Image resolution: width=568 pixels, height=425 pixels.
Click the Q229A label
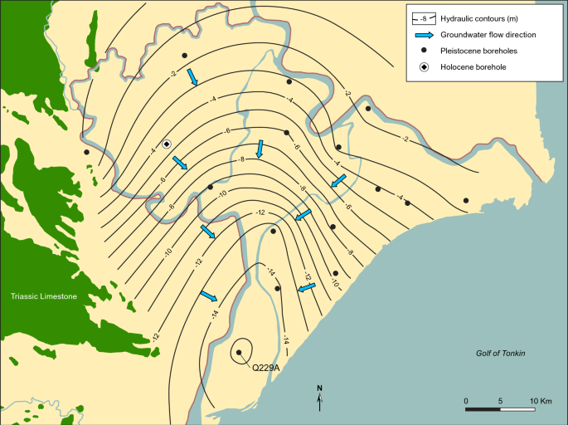[266, 366]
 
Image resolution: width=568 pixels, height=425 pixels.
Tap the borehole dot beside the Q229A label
[239, 353]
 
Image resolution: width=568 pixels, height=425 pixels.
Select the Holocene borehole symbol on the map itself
[167, 144]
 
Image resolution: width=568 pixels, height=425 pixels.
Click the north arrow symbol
[320, 398]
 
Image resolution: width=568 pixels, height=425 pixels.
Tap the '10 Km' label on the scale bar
[541, 402]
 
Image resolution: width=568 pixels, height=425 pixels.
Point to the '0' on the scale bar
[466, 402]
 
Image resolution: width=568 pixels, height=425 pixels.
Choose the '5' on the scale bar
[501, 402]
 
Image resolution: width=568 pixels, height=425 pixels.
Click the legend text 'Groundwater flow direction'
[488, 34]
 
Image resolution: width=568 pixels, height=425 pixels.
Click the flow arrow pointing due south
[260, 149]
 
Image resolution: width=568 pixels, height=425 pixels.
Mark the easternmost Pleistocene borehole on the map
[466, 200]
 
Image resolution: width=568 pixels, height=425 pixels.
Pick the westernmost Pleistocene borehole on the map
[86, 152]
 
